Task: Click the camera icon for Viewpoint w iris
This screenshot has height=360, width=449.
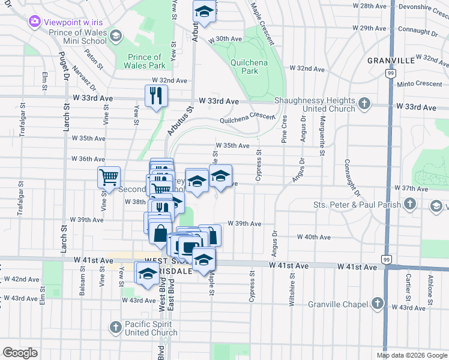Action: point(34,22)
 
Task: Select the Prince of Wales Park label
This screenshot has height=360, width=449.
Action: point(146,61)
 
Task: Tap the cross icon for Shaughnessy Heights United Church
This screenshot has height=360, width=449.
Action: point(364,104)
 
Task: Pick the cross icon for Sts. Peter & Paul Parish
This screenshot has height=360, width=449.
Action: point(409,205)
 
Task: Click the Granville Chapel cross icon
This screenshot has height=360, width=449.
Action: point(378,304)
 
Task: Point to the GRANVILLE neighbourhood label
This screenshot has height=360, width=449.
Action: point(391,61)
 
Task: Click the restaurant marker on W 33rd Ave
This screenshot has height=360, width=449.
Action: point(157,95)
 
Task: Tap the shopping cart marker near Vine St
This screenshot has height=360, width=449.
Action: point(109,176)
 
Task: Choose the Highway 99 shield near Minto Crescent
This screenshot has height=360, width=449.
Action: point(389,73)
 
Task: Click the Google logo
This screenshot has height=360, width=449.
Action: point(20,352)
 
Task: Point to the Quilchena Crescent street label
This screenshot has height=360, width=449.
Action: point(247,118)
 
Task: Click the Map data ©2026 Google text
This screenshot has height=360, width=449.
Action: point(412,355)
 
